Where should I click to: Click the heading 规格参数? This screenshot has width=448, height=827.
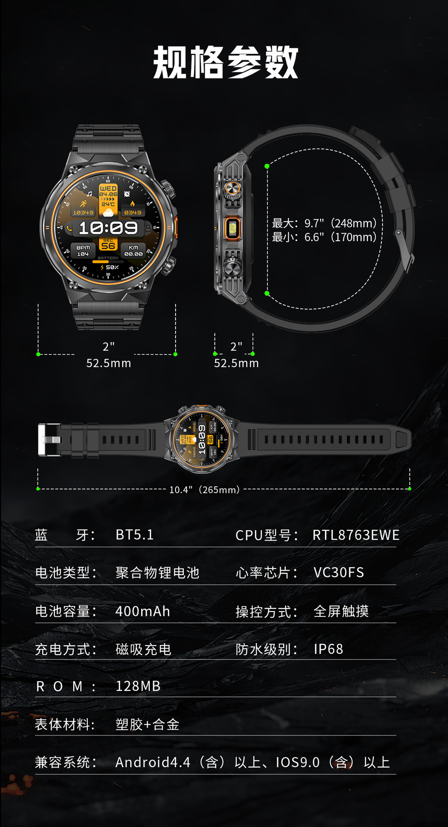pos(226,63)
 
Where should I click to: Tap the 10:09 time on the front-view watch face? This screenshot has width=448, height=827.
pos(108,228)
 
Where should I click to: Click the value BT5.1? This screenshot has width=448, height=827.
pos(135,535)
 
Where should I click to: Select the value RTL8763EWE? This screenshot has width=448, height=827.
pos(356,535)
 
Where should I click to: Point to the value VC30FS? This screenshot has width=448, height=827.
pos(339,572)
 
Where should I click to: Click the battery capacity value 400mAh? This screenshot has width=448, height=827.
pos(142,611)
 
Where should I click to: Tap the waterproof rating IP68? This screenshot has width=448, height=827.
pos(328,649)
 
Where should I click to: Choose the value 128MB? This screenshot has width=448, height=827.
pos(138,686)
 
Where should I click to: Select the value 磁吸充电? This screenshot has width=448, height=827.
pos(143,649)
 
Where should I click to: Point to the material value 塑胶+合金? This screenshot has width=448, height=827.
pos(147,724)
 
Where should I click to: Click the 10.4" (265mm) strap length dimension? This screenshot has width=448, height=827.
pos(204,490)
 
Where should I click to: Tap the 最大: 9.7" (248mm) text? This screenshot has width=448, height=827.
pos(324,223)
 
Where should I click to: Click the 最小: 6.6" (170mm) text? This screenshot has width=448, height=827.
pos(324,237)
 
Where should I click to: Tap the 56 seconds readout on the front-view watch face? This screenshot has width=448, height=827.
pos(108,246)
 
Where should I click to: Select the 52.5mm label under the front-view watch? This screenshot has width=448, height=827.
pos(108,363)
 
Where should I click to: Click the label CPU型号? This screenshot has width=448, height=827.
pos(266,535)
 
